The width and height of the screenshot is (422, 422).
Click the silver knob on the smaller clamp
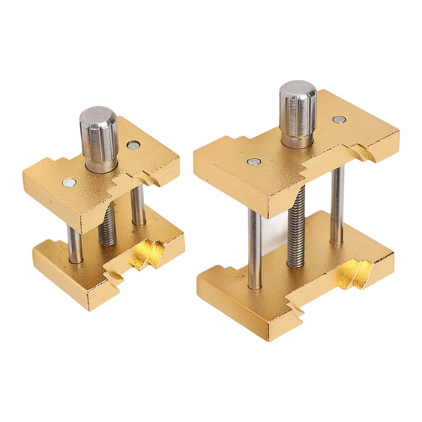(99, 140)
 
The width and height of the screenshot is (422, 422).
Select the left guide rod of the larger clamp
(255, 248)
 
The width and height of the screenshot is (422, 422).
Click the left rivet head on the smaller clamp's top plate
(69, 183)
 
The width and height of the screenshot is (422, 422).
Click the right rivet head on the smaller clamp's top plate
(134, 145)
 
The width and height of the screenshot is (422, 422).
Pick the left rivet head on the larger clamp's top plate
(253, 161)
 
